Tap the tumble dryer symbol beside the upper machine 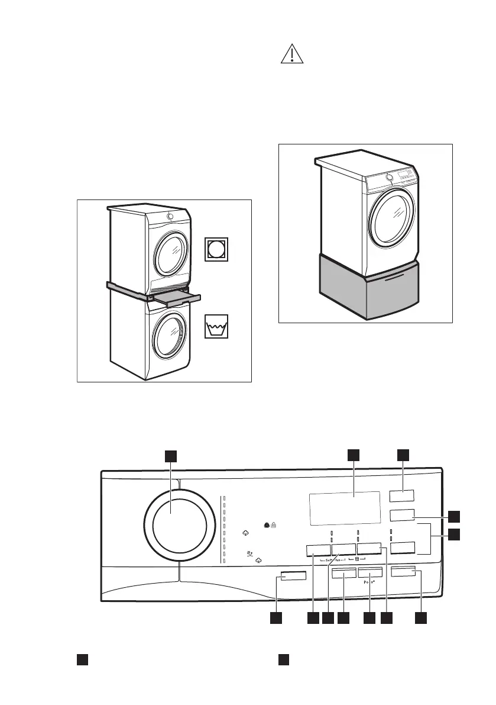217,249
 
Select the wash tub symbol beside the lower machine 216,327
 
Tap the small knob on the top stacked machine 170,217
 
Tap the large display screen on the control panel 344,507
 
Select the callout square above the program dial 171,455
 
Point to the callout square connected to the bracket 453,535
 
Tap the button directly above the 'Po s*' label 369,573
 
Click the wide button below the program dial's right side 293,576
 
